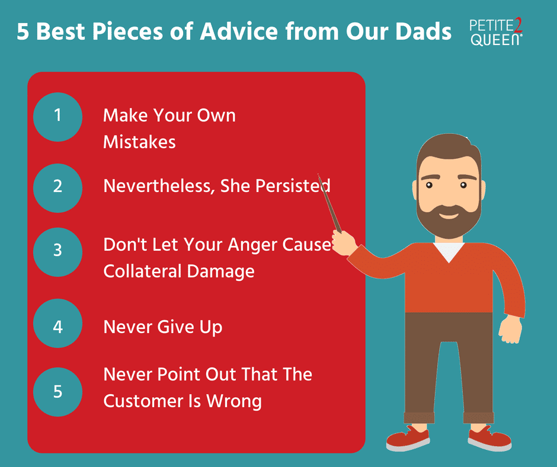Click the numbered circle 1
tap(57, 115)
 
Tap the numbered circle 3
tap(57, 250)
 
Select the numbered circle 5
tap(57, 392)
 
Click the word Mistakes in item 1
tap(139, 142)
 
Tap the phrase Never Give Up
tap(162, 327)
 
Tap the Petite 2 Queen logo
tap(497, 33)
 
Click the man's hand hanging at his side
tap(510, 329)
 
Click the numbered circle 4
tap(57, 326)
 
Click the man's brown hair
tap(447, 148)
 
